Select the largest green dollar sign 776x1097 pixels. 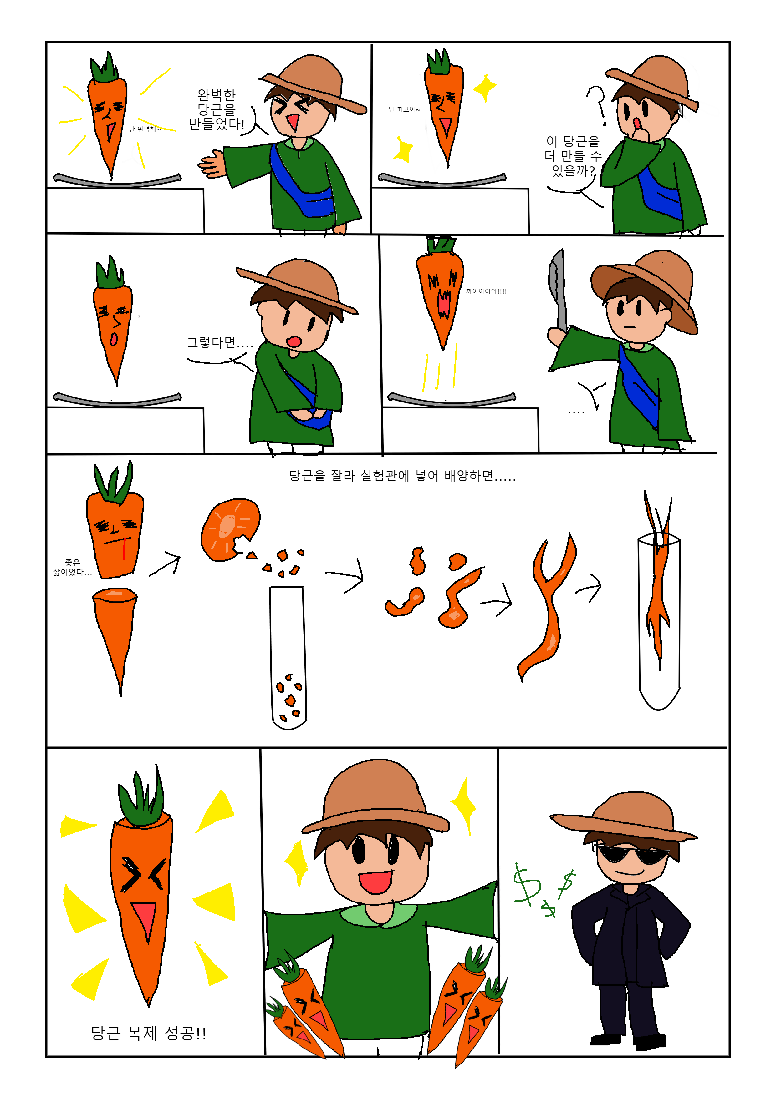[x=527, y=884]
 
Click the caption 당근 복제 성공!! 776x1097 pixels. [x=148, y=1034]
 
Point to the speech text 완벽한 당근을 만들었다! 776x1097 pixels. [x=217, y=109]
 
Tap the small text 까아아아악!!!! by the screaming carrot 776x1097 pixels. [x=486, y=291]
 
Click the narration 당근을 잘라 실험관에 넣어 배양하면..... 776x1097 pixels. [x=391, y=476]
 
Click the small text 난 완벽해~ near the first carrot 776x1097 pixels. [x=145, y=129]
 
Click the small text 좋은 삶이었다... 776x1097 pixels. [x=72, y=567]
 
